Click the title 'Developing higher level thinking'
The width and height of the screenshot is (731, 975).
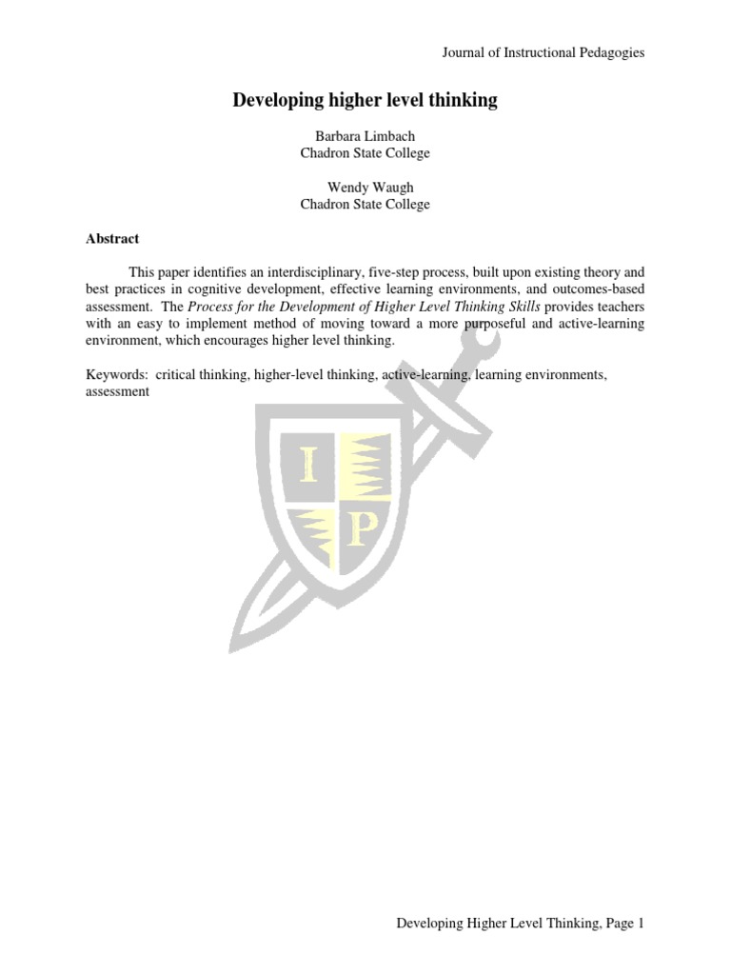365,100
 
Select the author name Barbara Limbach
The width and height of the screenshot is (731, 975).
365,136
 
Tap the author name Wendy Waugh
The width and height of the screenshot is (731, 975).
365,188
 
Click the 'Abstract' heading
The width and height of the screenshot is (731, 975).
112,239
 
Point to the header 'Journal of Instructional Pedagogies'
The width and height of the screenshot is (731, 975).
543,52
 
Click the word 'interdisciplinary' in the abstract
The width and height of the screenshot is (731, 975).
299,272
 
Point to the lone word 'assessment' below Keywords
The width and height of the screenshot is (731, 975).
117,391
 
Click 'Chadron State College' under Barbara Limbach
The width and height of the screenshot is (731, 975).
365,152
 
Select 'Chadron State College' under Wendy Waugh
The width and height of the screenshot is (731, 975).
365,204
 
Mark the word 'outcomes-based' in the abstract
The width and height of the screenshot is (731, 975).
601,289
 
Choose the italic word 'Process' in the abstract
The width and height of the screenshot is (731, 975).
209,307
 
